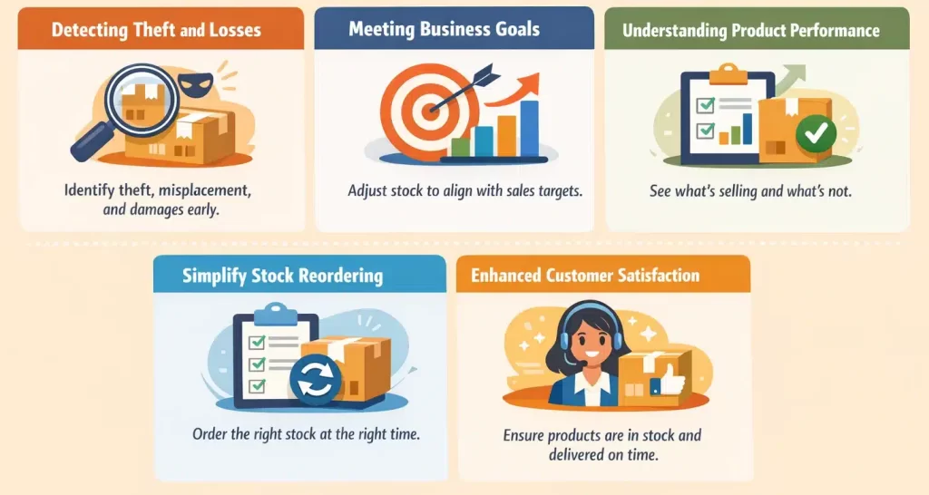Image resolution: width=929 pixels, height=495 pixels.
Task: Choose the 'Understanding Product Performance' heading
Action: [x=750, y=31]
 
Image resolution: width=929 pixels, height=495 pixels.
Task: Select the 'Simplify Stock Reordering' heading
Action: [x=282, y=276]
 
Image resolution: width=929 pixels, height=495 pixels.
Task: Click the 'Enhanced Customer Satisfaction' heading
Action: [x=585, y=276]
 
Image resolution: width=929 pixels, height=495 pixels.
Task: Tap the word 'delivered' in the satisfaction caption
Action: [x=582, y=454]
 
